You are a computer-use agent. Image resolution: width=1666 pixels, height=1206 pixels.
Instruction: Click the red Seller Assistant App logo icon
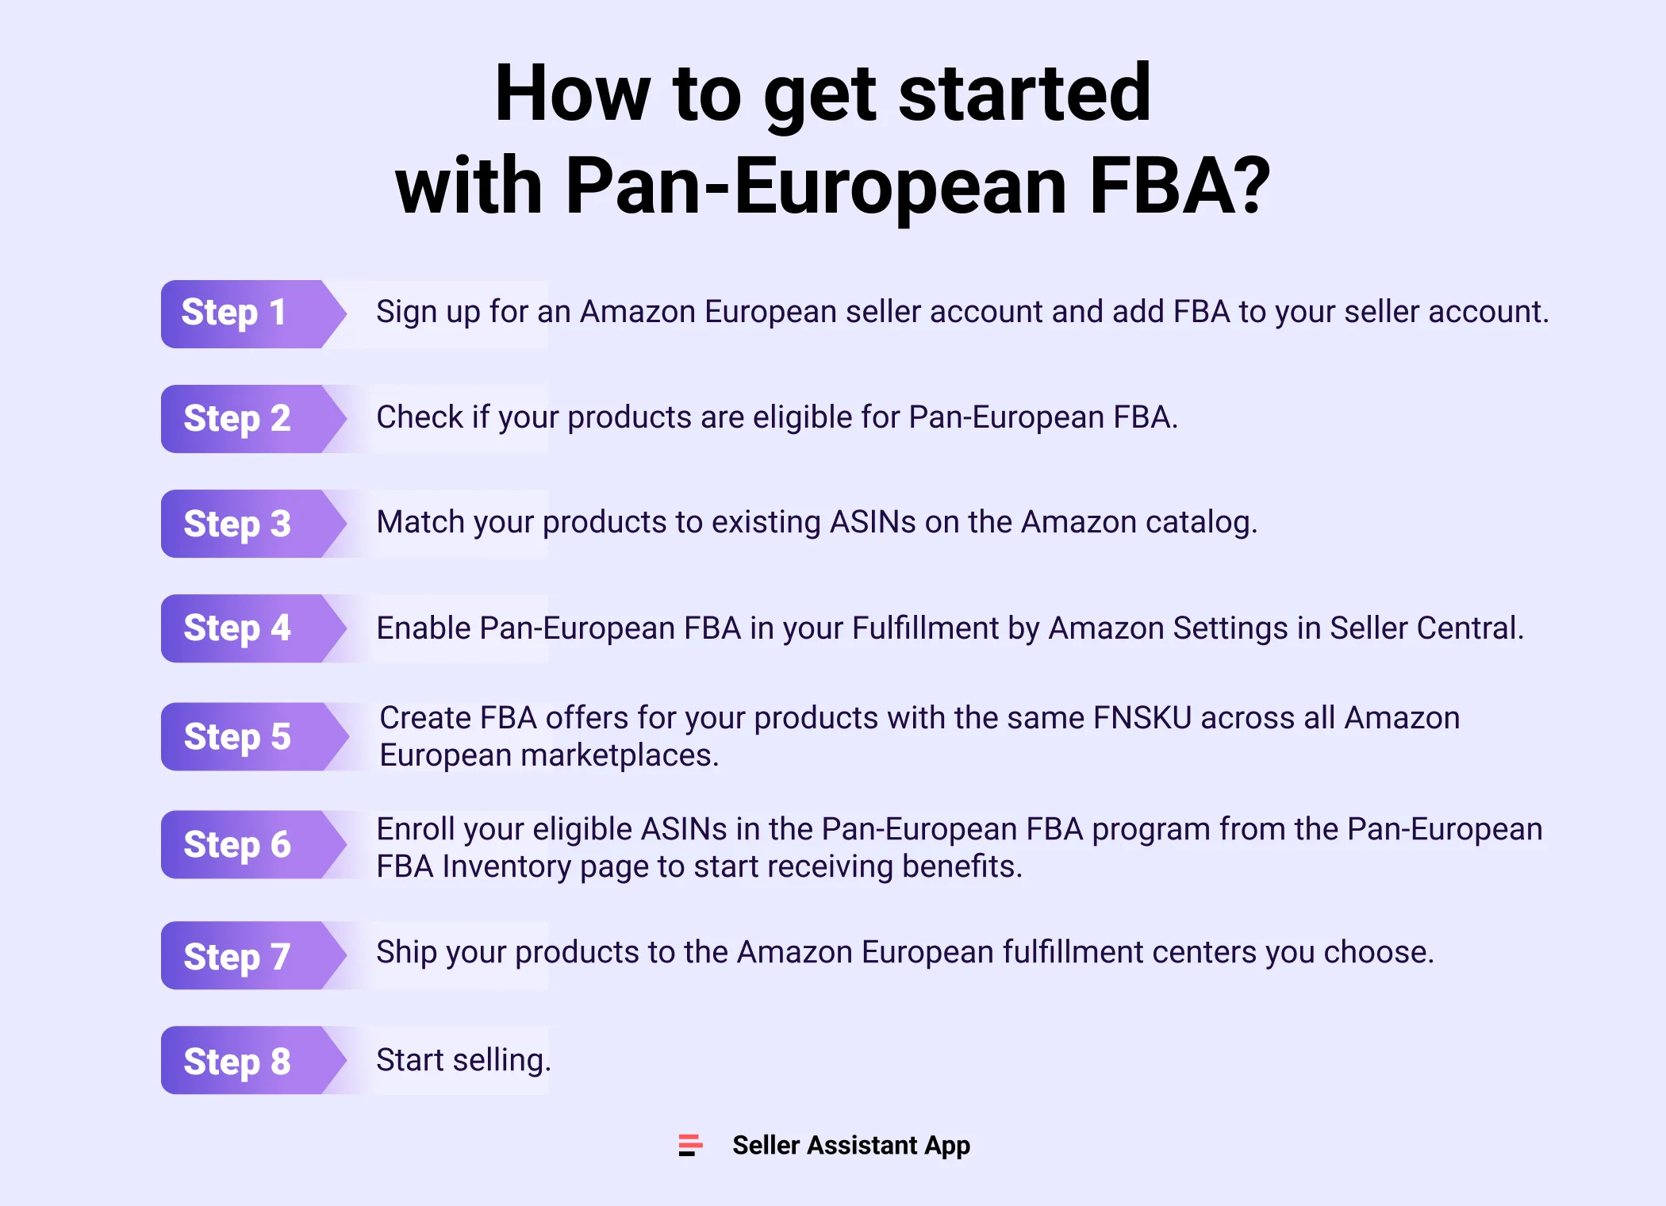pos(690,1145)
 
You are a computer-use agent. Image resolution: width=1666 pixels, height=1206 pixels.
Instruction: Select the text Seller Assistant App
pos(850,1145)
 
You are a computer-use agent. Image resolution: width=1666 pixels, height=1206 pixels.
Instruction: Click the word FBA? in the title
pos(1180,186)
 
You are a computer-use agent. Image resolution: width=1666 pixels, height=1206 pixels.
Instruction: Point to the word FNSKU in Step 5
pos(1142,718)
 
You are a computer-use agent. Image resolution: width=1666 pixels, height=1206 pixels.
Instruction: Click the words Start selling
pos(463,1060)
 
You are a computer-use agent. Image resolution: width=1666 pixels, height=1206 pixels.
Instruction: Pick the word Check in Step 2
pos(420,417)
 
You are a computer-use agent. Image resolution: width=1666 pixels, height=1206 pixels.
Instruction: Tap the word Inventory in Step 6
pos(506,866)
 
